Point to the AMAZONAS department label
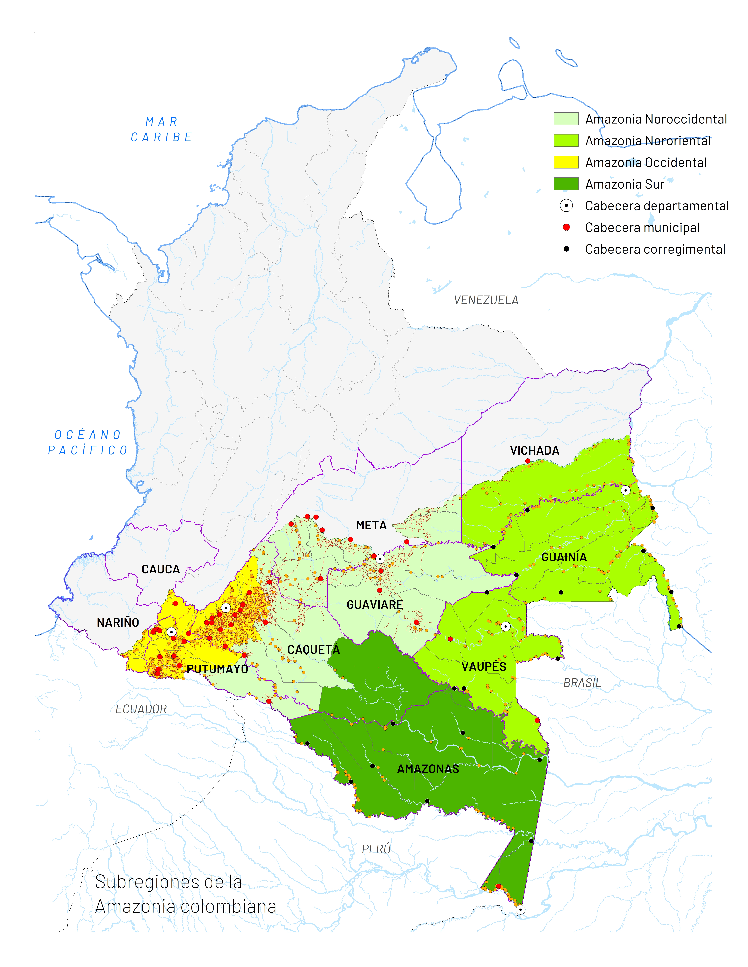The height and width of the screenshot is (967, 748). tap(428, 769)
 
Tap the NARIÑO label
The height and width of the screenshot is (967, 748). tap(118, 623)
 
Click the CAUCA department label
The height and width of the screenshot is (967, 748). tap(160, 569)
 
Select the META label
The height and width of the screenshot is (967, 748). tap(371, 526)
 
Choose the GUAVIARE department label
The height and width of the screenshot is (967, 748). tap(374, 605)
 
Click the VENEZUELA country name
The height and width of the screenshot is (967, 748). tap(486, 300)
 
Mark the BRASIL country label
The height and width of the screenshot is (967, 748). tap(582, 683)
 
